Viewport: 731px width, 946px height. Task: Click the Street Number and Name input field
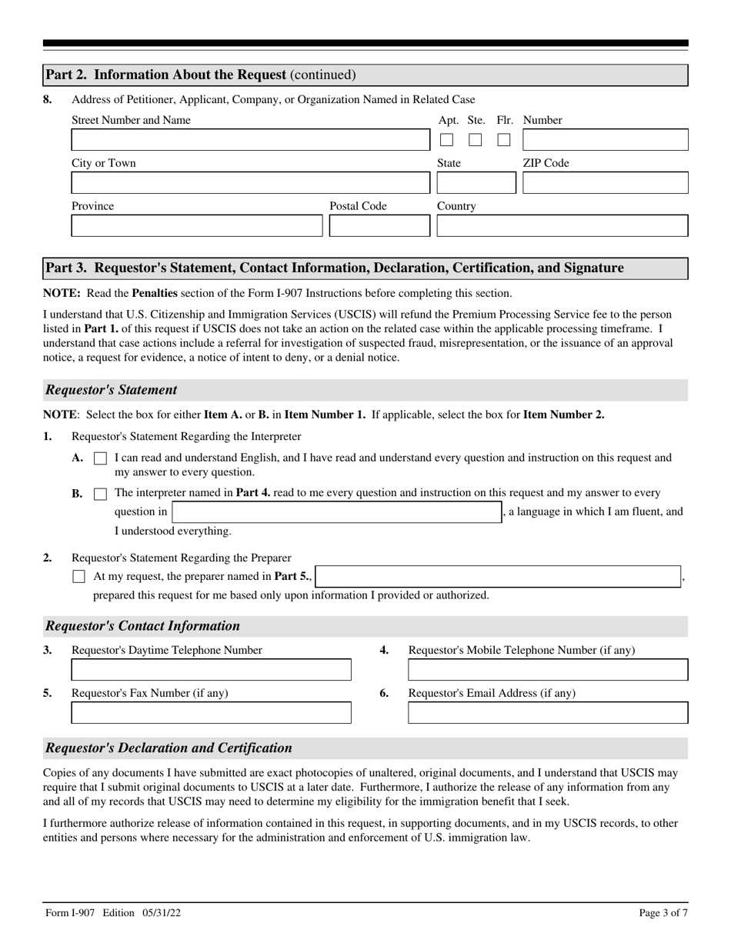[251, 140]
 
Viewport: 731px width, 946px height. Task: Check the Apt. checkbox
[446, 140]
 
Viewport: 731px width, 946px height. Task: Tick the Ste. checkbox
[476, 140]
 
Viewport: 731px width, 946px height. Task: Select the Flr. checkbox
[504, 140]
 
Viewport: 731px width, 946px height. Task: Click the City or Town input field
[251, 183]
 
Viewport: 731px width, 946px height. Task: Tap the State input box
[476, 183]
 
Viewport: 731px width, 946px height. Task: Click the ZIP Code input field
[605, 183]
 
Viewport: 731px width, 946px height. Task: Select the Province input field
[197, 226]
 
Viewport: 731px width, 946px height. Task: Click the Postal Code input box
[379, 226]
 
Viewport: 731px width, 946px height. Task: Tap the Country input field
[562, 226]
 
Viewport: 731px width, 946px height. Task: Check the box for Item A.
[100, 458]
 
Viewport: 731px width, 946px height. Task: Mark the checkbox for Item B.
[100, 494]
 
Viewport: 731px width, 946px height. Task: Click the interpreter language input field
[336, 512]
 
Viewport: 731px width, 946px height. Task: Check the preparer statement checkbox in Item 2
[78, 576]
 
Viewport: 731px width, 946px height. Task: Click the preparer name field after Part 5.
[498, 576]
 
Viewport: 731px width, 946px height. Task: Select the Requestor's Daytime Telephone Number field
[211, 670]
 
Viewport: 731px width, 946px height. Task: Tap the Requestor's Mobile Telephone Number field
[548, 670]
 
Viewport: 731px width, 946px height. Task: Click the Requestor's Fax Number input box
[211, 713]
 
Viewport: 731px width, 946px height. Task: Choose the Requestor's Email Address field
[548, 713]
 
